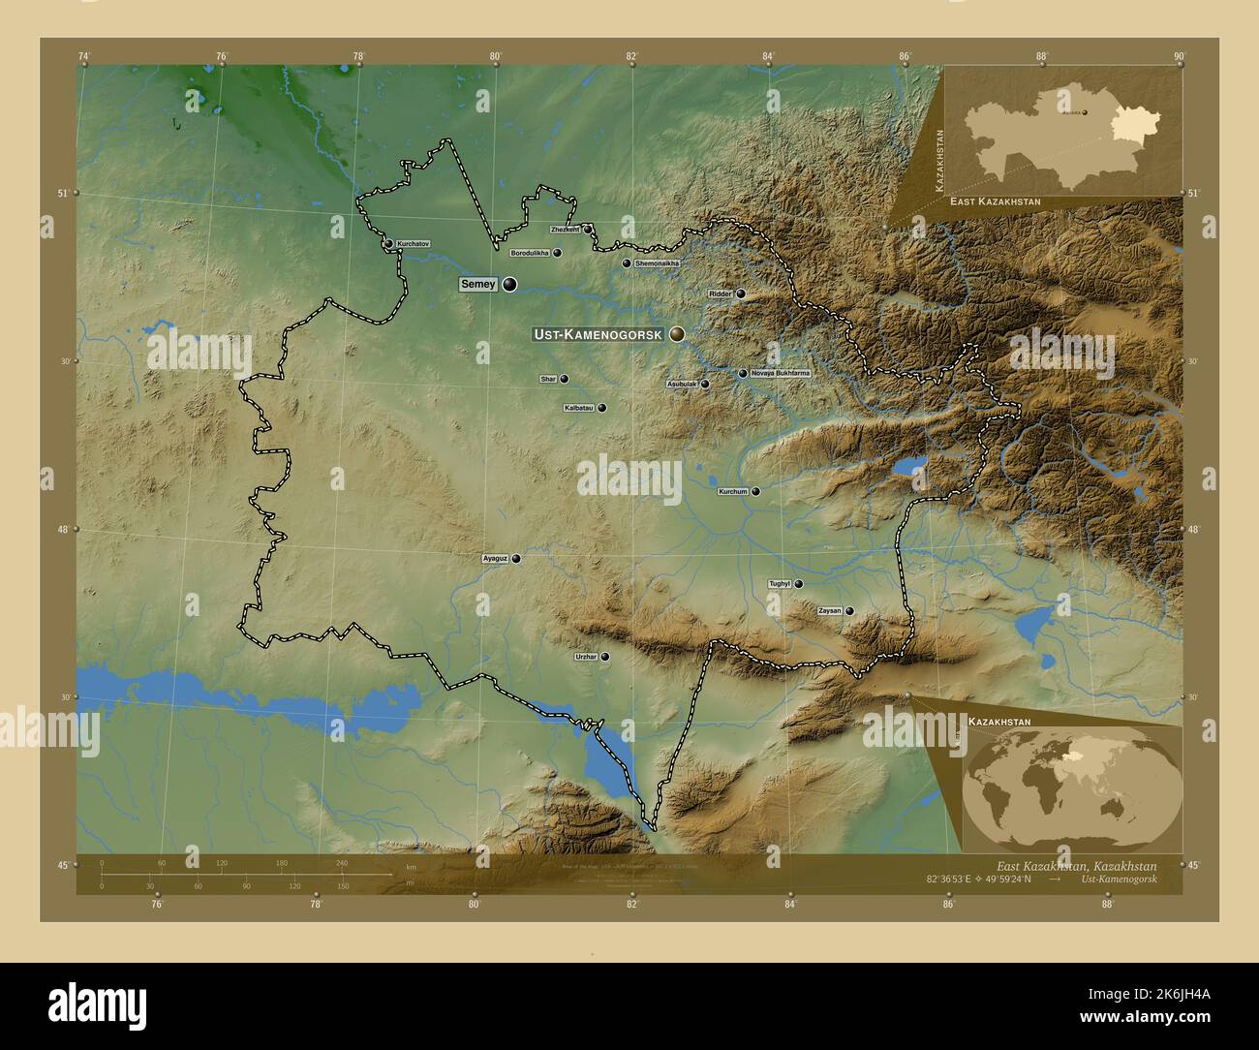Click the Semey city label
478,285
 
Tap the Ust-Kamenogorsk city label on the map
597,334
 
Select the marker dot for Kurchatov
388,244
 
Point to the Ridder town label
721,293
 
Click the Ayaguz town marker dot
516,559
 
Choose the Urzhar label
585,658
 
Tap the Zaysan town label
830,611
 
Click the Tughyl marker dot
799,584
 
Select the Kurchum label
733,492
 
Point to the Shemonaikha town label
658,263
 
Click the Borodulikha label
530,253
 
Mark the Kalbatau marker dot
601,409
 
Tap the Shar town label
548,380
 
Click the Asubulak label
681,385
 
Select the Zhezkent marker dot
587,229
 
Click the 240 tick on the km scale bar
341,863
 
